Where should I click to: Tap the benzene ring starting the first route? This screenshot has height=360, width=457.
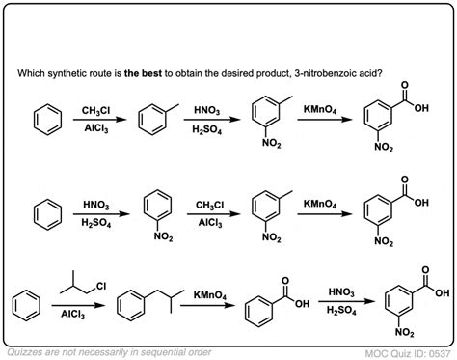(44, 121)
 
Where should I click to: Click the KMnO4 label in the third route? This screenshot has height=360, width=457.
(209, 292)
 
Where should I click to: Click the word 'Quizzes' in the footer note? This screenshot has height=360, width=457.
(27, 347)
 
